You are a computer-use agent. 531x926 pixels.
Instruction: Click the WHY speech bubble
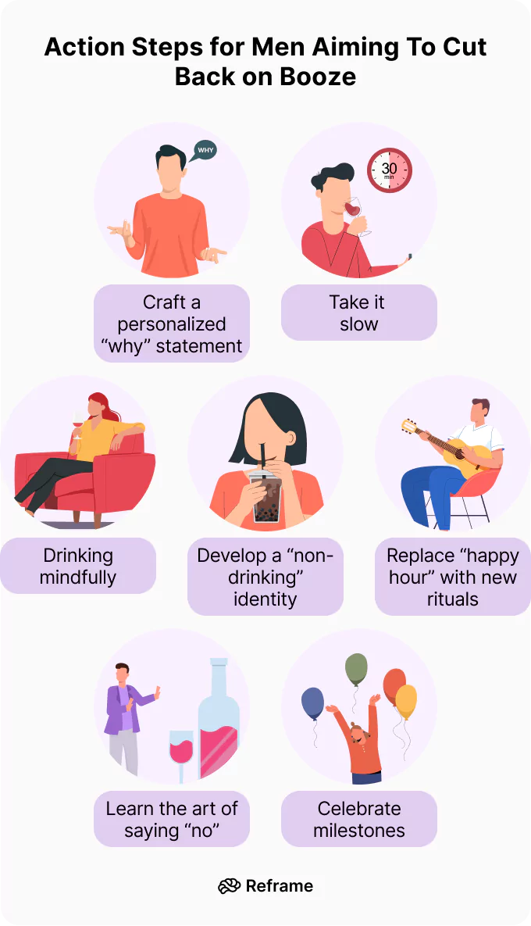click(205, 150)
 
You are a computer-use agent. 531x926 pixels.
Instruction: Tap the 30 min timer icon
click(389, 170)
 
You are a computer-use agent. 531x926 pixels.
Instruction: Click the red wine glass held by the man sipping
click(354, 208)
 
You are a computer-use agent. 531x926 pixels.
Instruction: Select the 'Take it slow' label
click(358, 313)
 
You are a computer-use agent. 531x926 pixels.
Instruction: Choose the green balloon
click(356, 669)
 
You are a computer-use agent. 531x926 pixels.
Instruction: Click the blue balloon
click(312, 703)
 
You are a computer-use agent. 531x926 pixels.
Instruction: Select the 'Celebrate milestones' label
click(358, 819)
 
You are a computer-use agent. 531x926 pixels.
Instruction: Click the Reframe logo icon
click(229, 885)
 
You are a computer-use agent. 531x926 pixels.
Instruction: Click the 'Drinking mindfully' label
click(78, 566)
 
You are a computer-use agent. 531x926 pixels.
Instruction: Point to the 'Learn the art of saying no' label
click(172, 819)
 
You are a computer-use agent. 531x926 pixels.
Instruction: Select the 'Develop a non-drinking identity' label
click(265, 577)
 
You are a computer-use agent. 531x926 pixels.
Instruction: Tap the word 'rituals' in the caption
click(452, 599)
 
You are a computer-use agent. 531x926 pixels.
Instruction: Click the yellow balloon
click(406, 701)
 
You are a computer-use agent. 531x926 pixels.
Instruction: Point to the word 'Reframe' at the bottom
click(279, 885)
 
